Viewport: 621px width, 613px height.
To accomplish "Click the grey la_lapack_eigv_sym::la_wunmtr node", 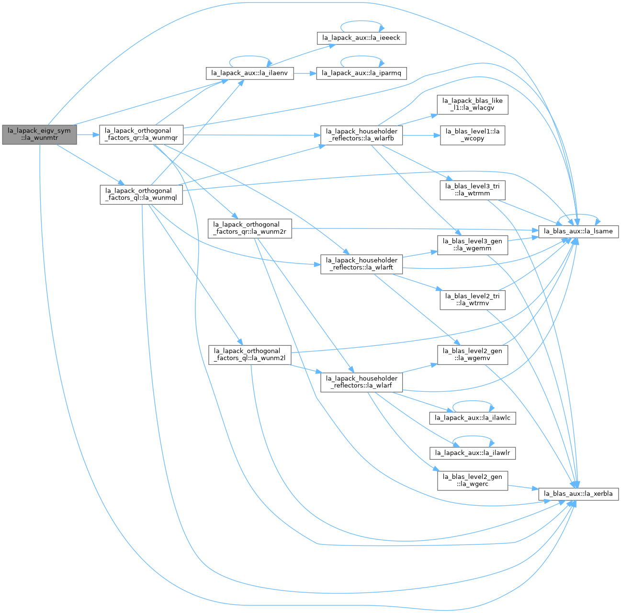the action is click(40, 135).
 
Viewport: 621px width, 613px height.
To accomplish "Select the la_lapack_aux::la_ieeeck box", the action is click(361, 38).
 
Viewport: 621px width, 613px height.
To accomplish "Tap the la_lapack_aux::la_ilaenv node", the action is click(250, 74).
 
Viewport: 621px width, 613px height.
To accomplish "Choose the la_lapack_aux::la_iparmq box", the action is click(361, 74).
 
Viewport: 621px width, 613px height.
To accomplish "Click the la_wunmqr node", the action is click(141, 135).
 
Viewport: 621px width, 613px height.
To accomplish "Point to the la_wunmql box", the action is click(141, 195).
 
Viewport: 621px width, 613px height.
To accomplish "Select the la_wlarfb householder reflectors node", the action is click(361, 135).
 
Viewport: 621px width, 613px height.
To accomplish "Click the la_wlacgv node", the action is click(473, 104).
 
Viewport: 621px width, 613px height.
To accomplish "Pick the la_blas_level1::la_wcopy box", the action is click(473, 136).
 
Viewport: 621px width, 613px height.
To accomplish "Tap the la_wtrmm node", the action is click(473, 190).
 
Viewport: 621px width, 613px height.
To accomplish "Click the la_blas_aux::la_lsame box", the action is click(578, 231).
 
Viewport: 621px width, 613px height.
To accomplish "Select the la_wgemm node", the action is click(473, 245).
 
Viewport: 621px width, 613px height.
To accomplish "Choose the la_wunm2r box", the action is click(250, 228).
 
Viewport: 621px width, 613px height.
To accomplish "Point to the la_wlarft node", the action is click(361, 264).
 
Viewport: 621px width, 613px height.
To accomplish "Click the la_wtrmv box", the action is click(473, 300).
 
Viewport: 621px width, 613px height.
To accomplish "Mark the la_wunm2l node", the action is click(250, 355).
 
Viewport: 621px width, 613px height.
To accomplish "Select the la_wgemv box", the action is click(473, 355).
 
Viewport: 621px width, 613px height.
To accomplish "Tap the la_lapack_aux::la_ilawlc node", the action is click(473, 418).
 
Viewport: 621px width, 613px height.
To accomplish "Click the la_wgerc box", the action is click(473, 481).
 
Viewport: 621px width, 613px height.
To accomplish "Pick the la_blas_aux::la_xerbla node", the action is click(578, 494).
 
